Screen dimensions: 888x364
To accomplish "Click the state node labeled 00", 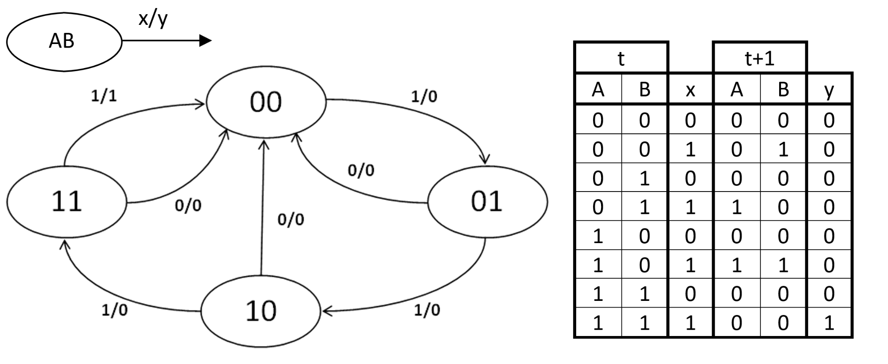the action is click(266, 102).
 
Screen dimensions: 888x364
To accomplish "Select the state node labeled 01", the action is click(487, 201).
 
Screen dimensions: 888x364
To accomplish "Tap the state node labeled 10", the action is click(261, 311).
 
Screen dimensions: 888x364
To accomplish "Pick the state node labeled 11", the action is click(67, 201).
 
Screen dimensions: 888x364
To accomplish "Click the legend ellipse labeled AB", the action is click(64, 41).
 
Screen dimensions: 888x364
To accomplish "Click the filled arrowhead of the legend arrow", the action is click(205, 41).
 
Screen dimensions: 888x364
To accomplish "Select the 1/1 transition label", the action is click(104, 96).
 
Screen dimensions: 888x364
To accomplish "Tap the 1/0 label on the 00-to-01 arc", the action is click(424, 96).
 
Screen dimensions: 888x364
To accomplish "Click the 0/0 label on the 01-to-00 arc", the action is click(361, 170).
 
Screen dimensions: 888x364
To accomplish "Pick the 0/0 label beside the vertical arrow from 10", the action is click(291, 219).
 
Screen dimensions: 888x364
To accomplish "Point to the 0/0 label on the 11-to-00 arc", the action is click(188, 205).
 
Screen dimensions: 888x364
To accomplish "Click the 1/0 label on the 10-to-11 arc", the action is click(115, 310).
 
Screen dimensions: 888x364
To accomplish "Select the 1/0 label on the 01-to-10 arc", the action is click(427, 310).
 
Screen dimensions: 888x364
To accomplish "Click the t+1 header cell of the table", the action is click(760, 58).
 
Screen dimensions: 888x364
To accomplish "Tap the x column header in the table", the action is click(690, 89).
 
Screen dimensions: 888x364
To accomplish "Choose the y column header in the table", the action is click(829, 89).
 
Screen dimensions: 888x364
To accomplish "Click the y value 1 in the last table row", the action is click(829, 323).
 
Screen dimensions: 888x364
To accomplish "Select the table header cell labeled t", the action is click(621, 58).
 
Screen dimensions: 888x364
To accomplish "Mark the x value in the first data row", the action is click(690, 120).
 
